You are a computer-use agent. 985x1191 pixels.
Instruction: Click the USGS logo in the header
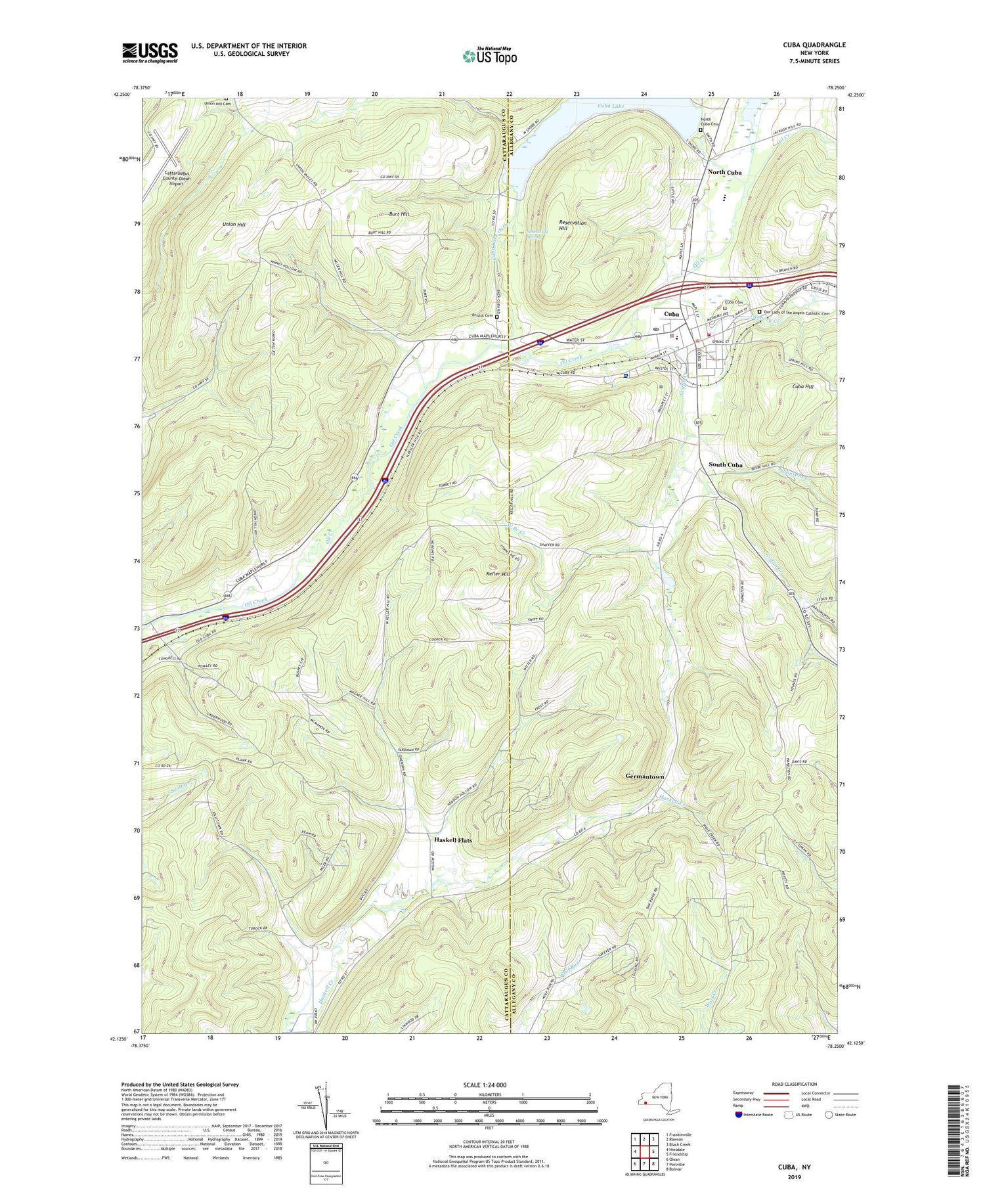(150, 53)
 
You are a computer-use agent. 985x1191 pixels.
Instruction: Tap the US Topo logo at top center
(489, 56)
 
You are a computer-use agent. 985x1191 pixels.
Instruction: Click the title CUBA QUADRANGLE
(814, 45)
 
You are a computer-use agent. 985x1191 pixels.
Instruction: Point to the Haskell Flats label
(452, 840)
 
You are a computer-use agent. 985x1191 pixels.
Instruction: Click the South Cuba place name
(725, 464)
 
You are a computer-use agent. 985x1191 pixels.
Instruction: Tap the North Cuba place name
(724, 172)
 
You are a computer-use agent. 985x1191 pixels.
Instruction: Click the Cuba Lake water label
(613, 106)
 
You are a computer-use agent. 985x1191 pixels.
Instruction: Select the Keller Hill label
(498, 573)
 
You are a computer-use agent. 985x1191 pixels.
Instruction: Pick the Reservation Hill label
(572, 225)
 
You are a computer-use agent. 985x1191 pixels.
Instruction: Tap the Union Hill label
(234, 225)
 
